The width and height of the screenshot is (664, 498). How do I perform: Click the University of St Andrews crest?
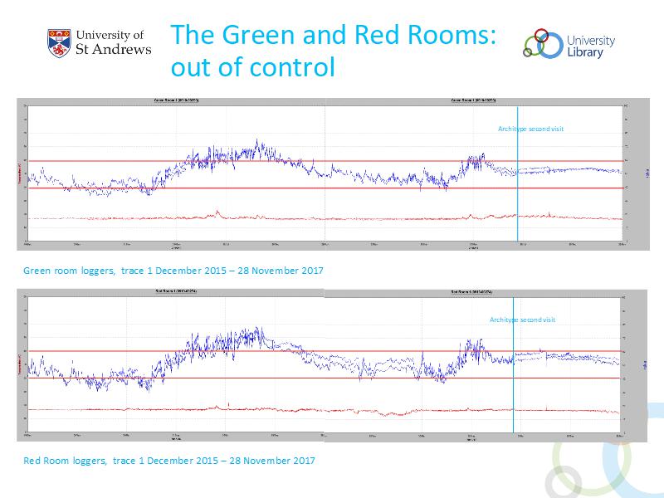point(60,44)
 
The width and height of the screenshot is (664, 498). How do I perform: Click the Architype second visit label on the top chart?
point(530,129)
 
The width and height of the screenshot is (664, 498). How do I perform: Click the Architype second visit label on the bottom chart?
point(522,320)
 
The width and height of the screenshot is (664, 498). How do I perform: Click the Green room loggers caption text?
point(173,271)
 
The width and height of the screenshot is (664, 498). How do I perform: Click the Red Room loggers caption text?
point(169,460)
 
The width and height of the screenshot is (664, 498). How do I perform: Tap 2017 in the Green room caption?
point(312,271)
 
